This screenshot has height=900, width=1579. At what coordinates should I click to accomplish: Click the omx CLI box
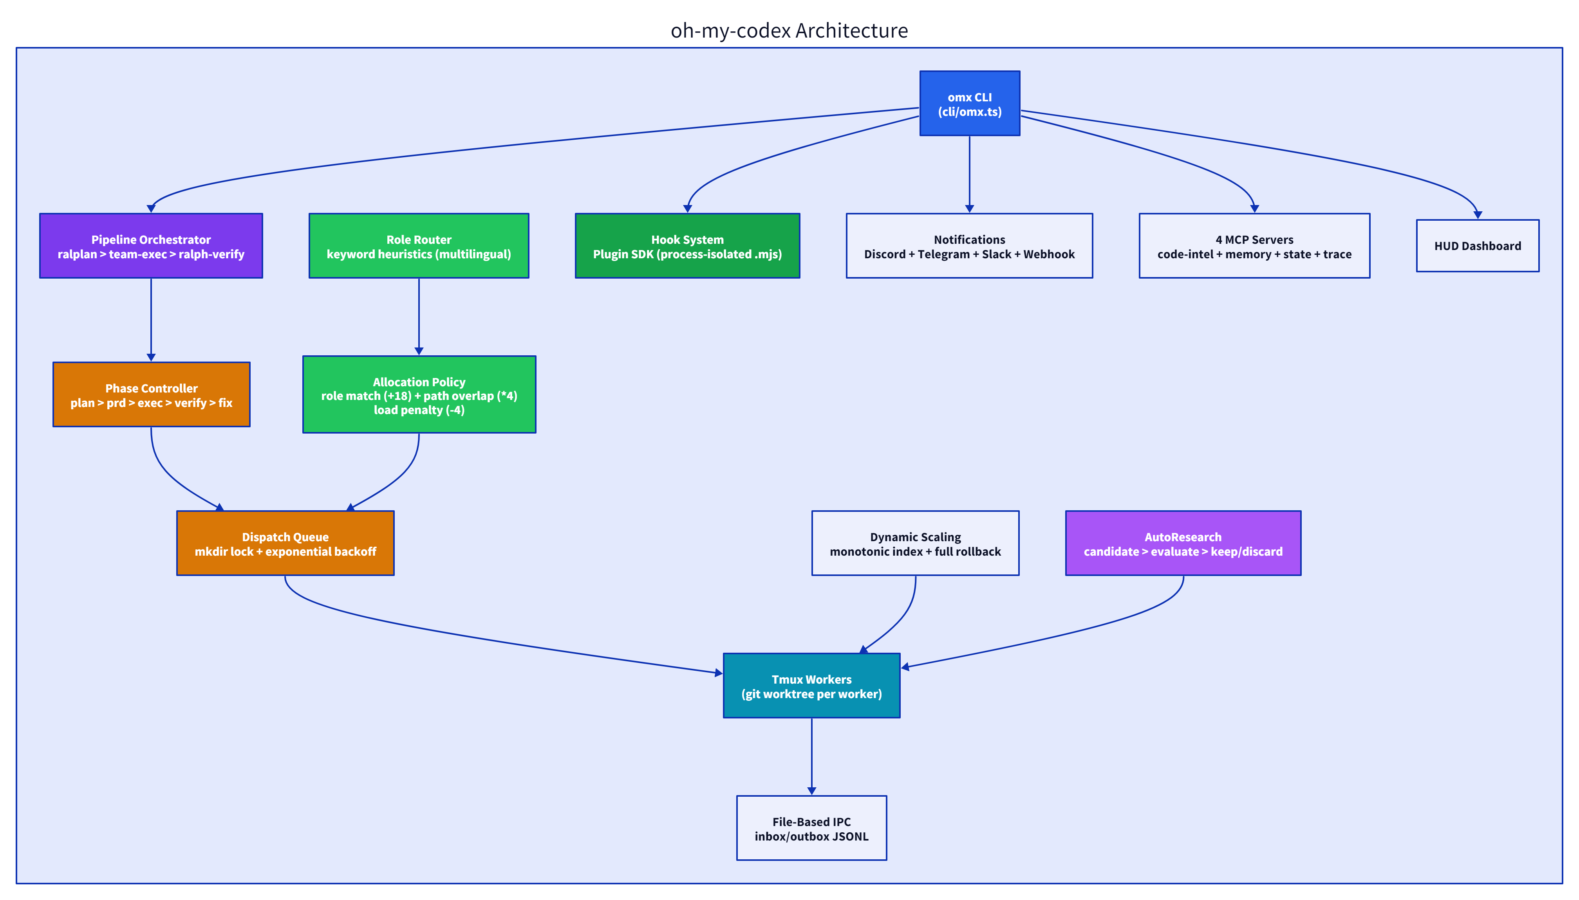coord(969,103)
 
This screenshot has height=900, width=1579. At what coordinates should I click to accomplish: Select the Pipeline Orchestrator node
coord(151,246)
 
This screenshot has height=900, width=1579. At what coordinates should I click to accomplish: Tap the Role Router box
coord(419,246)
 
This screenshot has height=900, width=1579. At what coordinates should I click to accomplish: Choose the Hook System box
coord(687,246)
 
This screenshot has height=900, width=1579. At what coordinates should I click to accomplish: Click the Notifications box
coord(969,246)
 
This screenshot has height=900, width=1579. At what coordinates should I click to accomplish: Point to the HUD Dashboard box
coord(1477,246)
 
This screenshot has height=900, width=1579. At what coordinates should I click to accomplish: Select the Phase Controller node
coord(151,394)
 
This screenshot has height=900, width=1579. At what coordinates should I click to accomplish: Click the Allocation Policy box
coord(419,394)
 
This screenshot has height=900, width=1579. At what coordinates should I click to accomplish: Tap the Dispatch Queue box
coord(285,544)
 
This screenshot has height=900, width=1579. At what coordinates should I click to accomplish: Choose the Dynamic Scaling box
coord(915,544)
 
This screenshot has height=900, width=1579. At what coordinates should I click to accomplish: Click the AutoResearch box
coord(1183,544)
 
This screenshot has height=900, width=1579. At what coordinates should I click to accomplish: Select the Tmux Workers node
coord(811,686)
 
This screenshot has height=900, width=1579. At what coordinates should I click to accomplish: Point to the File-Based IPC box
coord(811,828)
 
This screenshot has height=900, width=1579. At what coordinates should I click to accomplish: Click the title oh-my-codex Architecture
coord(789,30)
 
